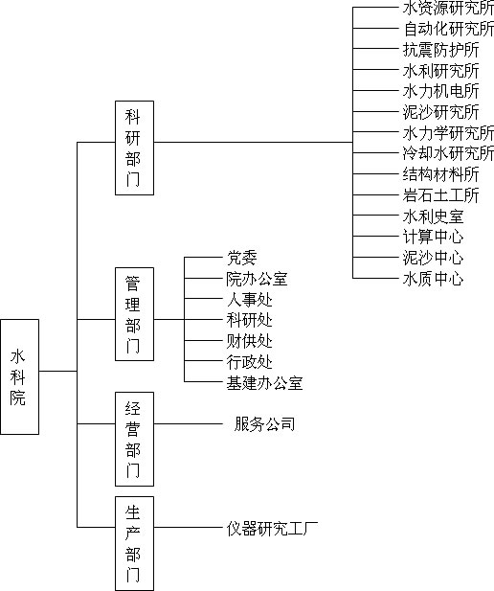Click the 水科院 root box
coord(19,376)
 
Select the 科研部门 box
coord(134,148)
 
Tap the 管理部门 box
coord(134,314)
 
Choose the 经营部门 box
coord(134,439)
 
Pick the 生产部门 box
coord(134,543)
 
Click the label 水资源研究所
coord(448,8)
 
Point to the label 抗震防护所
coord(441,50)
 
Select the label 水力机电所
coord(441,91)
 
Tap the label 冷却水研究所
coord(448,153)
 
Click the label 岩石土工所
coord(441,194)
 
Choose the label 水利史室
coord(434,216)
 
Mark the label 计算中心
coord(434,237)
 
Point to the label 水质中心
coord(434,279)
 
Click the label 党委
coord(242,258)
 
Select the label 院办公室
coord(257,279)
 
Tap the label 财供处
coord(250,341)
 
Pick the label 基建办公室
coord(264,382)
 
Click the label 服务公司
coord(264,424)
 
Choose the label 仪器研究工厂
coord(272,529)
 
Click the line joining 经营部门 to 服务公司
coord(189,423)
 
